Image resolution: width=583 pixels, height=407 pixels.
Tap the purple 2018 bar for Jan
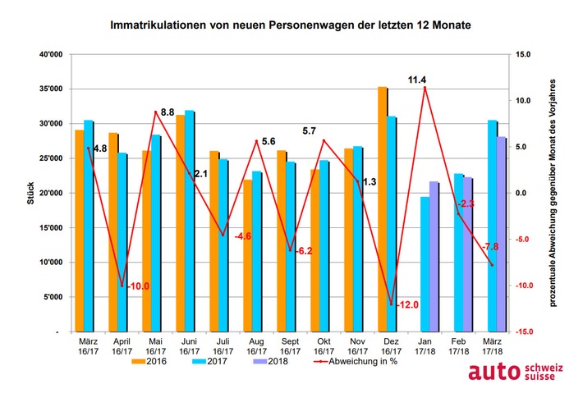click(435, 256)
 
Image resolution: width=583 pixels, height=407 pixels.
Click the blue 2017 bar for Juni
click(190, 221)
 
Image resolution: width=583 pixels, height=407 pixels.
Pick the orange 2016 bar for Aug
click(247, 255)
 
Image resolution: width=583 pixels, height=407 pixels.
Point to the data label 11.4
click(418, 80)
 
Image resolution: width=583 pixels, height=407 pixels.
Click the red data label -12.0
click(408, 304)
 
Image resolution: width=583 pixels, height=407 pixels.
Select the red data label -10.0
click(138, 286)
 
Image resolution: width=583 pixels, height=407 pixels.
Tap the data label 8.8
click(167, 111)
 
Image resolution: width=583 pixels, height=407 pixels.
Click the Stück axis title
click(30, 193)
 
